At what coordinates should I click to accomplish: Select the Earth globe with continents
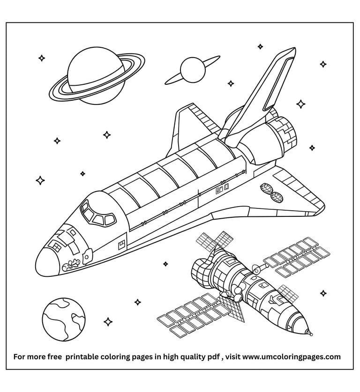coord(64,318)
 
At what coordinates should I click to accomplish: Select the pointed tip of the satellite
coord(309,333)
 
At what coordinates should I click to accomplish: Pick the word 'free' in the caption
coord(55,357)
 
